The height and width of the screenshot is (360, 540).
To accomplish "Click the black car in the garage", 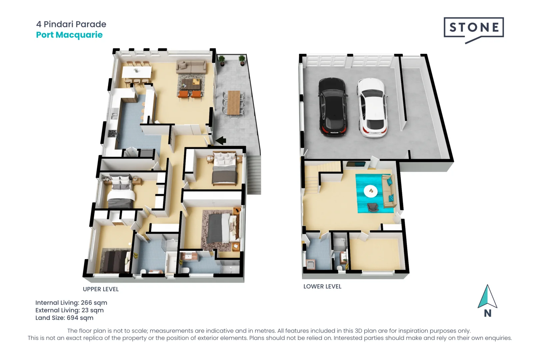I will coord(333,107).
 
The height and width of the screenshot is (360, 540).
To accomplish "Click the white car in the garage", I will coord(372,108).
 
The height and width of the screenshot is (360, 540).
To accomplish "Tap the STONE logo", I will coord(474,28).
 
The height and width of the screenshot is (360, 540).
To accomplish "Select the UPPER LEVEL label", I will coord(101,289).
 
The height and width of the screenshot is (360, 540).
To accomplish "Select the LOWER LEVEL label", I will coord(322,287).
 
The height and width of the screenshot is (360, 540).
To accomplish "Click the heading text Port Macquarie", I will coord(69,35).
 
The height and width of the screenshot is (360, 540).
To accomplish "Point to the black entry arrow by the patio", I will coord(221,141).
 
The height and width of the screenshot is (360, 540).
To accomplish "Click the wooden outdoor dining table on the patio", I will coord(234,103).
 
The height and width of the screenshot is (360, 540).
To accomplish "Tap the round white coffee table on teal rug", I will coord(371,191).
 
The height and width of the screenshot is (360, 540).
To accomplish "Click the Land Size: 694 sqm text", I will coord(64,318).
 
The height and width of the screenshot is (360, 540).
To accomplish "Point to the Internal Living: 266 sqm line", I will coord(71,303).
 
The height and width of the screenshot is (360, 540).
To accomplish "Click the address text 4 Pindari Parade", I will coord(71,24).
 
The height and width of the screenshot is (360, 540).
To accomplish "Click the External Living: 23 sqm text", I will coord(69,310).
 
